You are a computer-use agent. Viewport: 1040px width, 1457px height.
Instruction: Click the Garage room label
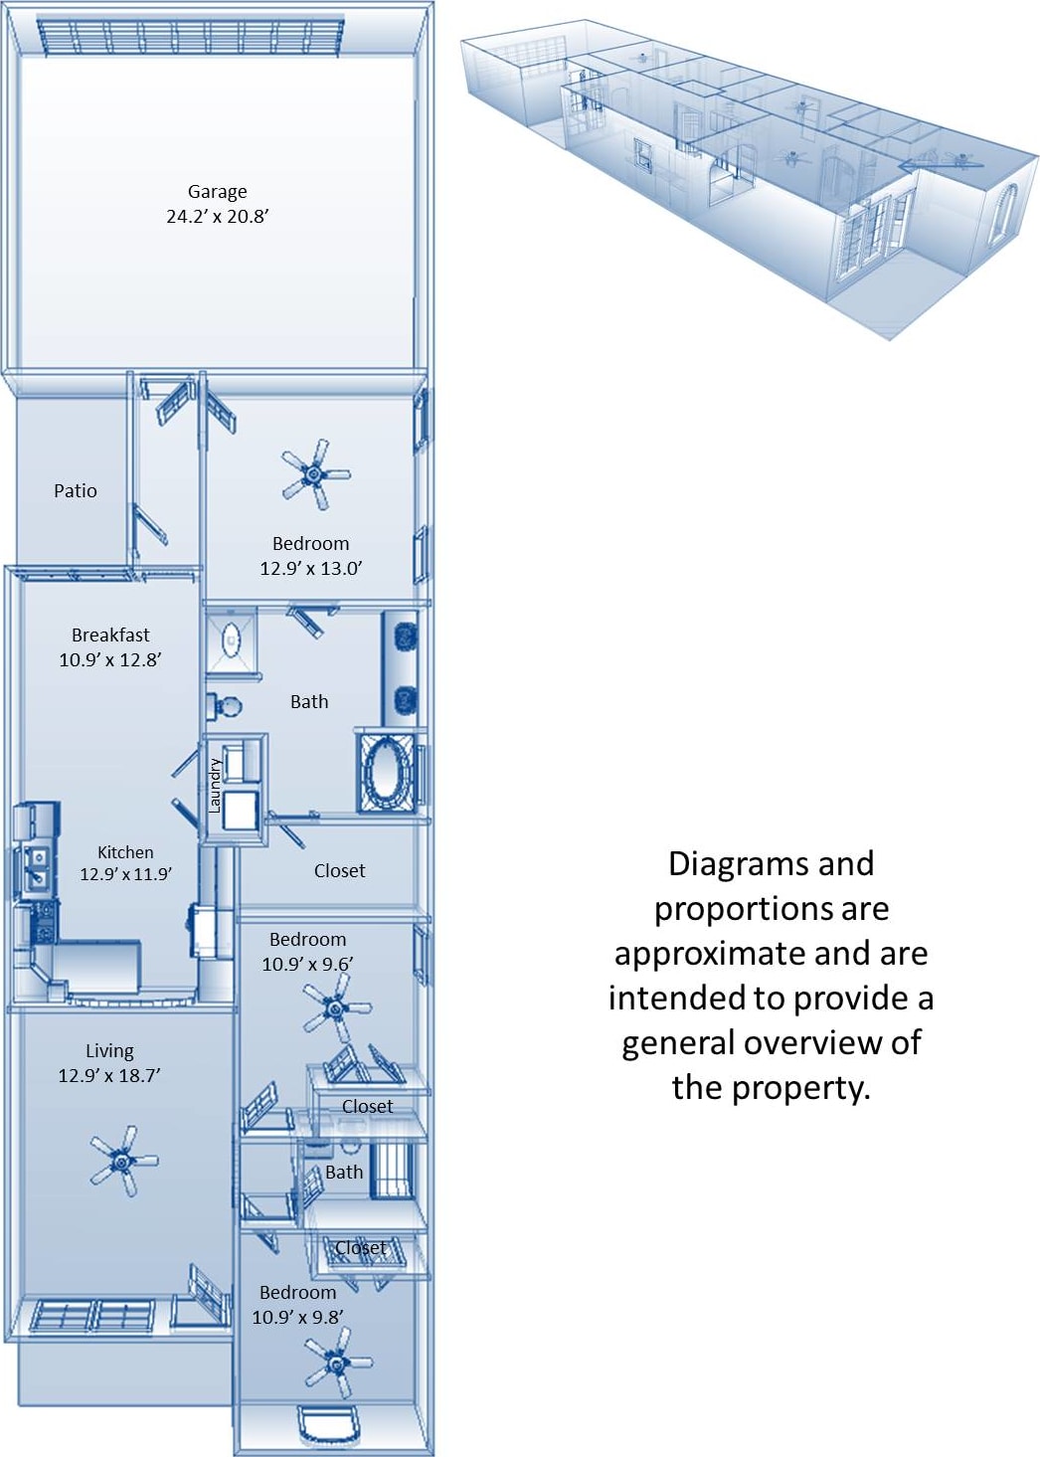pyautogui.click(x=217, y=192)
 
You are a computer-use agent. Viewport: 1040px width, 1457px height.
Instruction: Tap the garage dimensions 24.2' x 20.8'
pyautogui.click(x=217, y=216)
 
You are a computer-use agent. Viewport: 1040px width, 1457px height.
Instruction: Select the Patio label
pyautogui.click(x=76, y=490)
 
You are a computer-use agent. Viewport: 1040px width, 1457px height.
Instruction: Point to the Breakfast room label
pyautogui.click(x=110, y=635)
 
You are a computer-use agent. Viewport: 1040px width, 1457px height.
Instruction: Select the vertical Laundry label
pyautogui.click(x=214, y=786)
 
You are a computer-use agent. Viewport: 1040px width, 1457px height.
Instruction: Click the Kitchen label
pyautogui.click(x=125, y=852)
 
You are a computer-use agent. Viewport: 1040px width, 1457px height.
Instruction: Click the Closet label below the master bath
pyautogui.click(x=339, y=870)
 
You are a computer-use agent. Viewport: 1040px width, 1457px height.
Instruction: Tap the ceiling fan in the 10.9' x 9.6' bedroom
pyautogui.click(x=336, y=1006)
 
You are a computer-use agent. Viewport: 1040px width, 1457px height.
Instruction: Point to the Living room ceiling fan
pyautogui.click(x=123, y=1160)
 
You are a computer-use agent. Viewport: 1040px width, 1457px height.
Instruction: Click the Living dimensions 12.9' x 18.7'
pyautogui.click(x=109, y=1075)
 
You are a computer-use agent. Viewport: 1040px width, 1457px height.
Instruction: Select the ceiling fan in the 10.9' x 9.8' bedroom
pyautogui.click(x=339, y=1365)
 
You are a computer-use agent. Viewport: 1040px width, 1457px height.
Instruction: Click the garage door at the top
pyautogui.click(x=190, y=37)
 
